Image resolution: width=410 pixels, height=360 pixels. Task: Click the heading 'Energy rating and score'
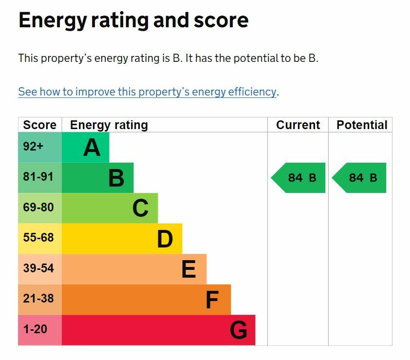[x=133, y=20]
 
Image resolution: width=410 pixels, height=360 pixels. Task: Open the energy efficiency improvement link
[x=147, y=92]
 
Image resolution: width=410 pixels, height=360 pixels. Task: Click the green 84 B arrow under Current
[x=298, y=178]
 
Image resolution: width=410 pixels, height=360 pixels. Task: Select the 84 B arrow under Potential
[x=359, y=178]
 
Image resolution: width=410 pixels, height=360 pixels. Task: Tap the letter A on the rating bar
[x=92, y=148]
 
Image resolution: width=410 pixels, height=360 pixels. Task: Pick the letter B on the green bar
[x=116, y=178]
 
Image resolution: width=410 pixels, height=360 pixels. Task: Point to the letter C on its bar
[x=140, y=208]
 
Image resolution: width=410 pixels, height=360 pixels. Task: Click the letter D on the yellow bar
[x=165, y=239]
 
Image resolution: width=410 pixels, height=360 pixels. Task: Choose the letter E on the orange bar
[x=188, y=269]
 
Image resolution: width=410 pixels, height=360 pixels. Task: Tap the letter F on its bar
[x=212, y=300]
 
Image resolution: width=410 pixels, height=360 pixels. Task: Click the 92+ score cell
[x=33, y=147]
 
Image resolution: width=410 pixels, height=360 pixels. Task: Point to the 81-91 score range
[x=38, y=177]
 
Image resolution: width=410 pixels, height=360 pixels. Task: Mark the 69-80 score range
[x=38, y=208]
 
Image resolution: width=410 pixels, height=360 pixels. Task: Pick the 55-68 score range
[x=38, y=238]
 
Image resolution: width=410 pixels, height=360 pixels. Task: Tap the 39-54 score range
[x=38, y=268]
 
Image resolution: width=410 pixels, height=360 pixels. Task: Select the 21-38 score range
[x=38, y=299]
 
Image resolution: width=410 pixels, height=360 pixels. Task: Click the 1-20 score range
[x=35, y=329]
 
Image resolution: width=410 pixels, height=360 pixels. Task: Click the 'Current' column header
[x=298, y=125]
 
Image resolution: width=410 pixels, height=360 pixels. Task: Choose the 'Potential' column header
[x=362, y=125]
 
